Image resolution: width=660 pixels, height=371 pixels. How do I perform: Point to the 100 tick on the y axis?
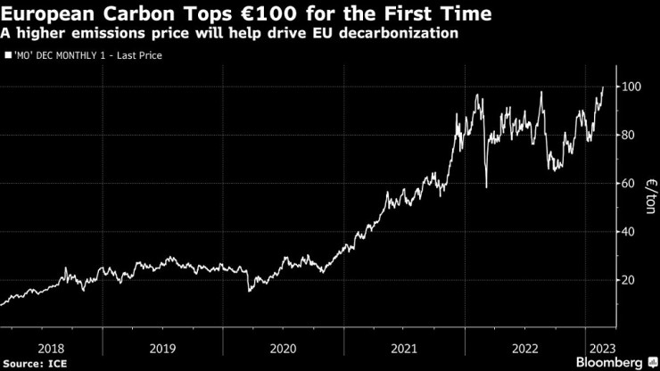pos(631,87)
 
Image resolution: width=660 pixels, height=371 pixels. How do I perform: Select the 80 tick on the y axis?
pos(629,136)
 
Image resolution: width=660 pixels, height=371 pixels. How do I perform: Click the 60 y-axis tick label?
pos(629,184)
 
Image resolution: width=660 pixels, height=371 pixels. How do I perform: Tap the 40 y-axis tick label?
pos(629,232)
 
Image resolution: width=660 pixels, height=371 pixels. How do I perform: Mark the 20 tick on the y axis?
pos(629,280)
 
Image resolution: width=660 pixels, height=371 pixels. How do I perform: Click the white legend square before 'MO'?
pos(8,55)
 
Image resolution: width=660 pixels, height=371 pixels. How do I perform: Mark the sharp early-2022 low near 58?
pos(486,186)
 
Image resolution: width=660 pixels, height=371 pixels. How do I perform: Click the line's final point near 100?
pos(603,87)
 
